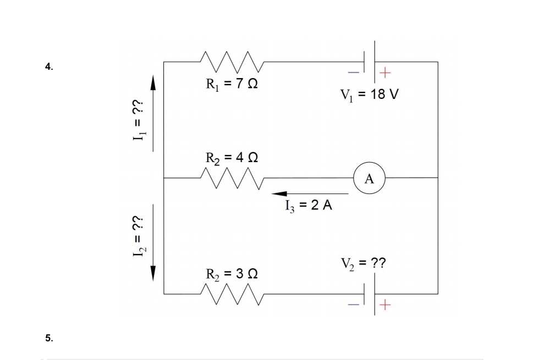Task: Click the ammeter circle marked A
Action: pyautogui.click(x=369, y=178)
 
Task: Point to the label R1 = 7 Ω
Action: pyautogui.click(x=232, y=85)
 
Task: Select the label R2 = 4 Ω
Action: pyautogui.click(x=232, y=158)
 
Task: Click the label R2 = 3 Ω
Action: pyautogui.click(x=232, y=274)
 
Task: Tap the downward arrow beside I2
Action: pyautogui.click(x=153, y=242)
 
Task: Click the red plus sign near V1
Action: pyautogui.click(x=386, y=71)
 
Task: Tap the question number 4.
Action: pyautogui.click(x=49, y=67)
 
